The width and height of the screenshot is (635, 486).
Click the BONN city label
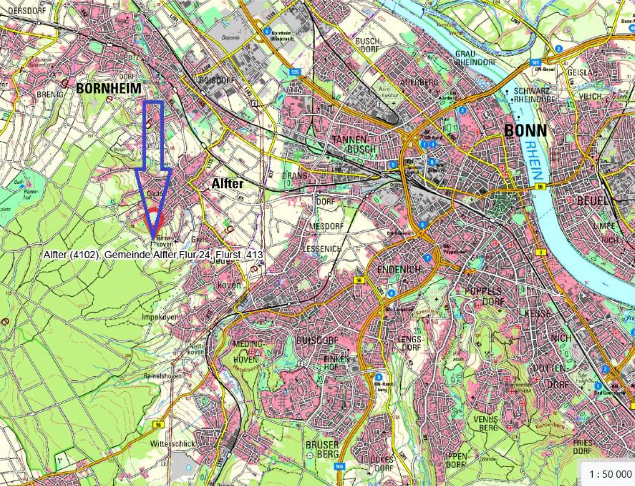[x=525, y=130]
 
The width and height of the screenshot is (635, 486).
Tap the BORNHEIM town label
[x=109, y=88]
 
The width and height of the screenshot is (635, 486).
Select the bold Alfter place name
[x=227, y=183]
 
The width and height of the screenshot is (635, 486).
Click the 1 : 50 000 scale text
[x=610, y=474]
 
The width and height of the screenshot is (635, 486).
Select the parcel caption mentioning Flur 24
[x=153, y=255]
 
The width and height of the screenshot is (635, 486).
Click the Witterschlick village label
[x=173, y=443]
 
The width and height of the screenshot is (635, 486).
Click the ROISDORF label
[x=217, y=80]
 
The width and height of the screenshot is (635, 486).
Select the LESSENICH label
[x=322, y=249]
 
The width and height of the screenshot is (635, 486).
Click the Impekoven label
[x=160, y=317]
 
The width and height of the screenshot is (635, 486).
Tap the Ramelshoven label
[x=162, y=376]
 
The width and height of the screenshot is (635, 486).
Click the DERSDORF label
[x=26, y=10]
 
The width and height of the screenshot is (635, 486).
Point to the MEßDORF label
[x=326, y=226]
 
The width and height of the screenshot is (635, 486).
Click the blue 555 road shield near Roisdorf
[x=295, y=71]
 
